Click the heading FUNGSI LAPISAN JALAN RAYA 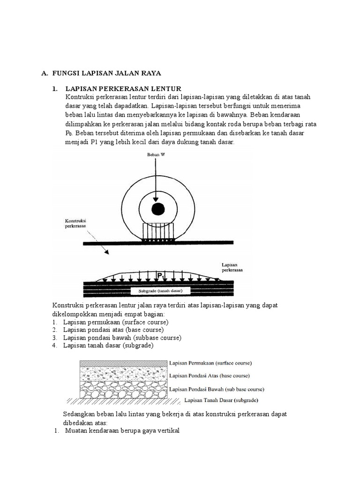pos(106,73)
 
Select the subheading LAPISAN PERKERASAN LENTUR pos(123,89)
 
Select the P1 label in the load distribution pos(161,277)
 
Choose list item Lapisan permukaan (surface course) pos(115,322)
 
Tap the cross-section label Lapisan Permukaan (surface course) pos(210,363)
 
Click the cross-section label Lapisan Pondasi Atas pos(209,375)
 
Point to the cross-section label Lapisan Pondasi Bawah pos(216,389)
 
